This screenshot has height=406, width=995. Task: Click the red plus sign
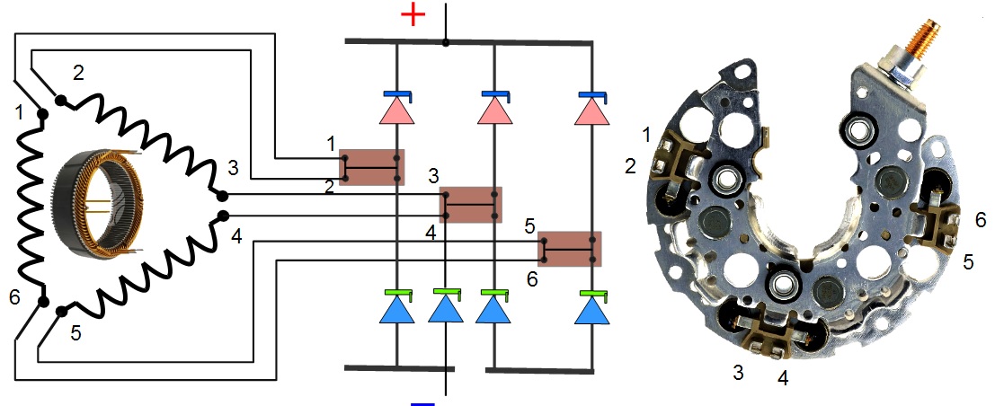412,16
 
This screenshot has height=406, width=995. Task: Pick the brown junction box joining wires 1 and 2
371,167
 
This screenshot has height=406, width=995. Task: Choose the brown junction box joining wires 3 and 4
470,205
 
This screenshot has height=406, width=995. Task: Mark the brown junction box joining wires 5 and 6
570,249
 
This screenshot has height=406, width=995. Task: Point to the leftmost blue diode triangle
396,310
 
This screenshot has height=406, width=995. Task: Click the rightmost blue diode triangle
591,310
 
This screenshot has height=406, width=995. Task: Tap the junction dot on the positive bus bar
446,42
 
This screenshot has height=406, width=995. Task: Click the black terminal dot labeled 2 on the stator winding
60,101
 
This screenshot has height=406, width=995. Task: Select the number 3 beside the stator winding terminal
233,168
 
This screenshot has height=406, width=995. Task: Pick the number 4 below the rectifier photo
782,378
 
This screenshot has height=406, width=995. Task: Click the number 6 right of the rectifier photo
981,220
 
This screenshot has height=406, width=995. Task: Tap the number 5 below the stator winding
76,332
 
